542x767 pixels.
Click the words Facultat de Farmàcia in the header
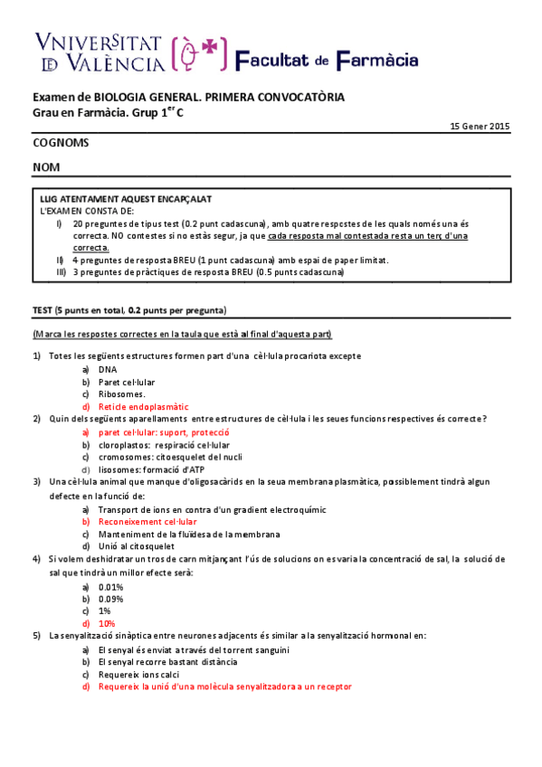(x=327, y=60)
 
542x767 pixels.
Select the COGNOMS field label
(x=61, y=143)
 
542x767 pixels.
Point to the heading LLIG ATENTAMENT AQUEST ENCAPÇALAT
(x=127, y=199)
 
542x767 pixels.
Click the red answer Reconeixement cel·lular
(x=147, y=522)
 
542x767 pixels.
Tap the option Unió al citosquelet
(x=137, y=546)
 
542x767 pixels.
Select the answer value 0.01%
(x=110, y=587)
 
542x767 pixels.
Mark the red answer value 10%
(x=107, y=623)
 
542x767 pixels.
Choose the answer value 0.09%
(x=110, y=599)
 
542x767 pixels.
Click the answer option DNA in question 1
(x=108, y=369)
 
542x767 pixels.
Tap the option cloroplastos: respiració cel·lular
(x=164, y=445)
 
